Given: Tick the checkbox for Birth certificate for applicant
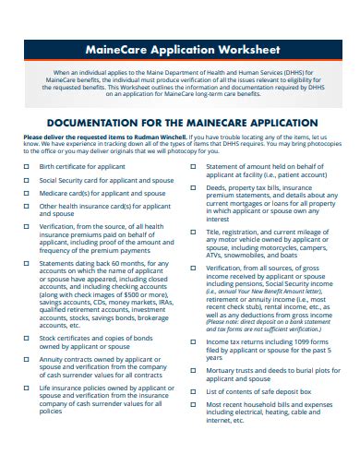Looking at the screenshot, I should click(27, 167).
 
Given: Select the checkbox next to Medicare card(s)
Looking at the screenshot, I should click(27, 194).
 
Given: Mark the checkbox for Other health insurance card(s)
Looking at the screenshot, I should click(27, 207).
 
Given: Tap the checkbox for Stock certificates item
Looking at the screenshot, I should click(27, 339).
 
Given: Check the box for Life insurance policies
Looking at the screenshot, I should click(27, 390).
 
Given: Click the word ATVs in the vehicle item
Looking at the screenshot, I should click(219, 255).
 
